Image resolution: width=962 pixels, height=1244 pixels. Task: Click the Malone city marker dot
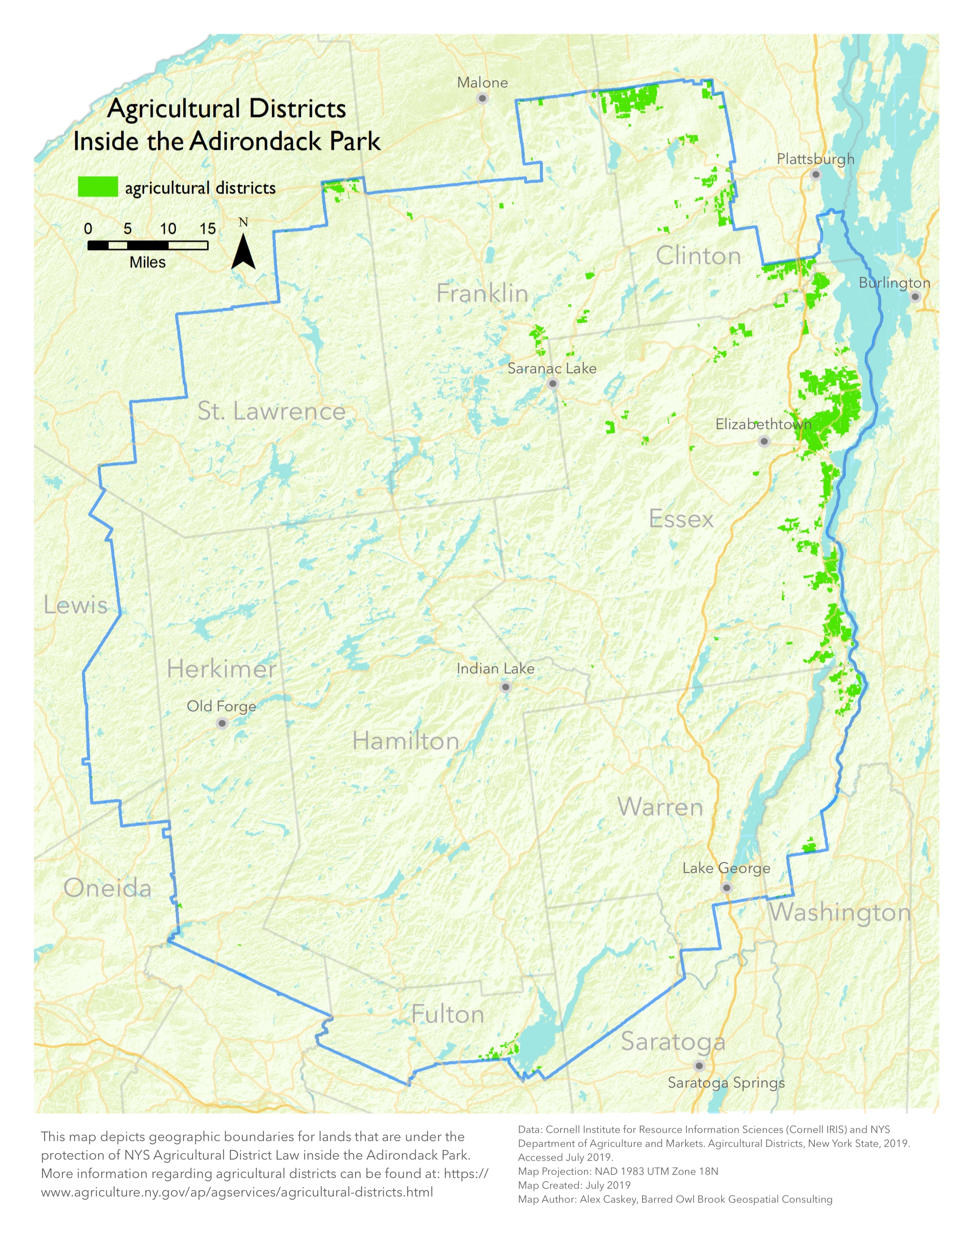click(x=482, y=98)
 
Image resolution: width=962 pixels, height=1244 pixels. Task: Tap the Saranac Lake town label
click(x=552, y=369)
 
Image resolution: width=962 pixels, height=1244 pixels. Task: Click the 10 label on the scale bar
click(x=168, y=229)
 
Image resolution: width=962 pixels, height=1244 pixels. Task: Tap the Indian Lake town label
click(x=495, y=669)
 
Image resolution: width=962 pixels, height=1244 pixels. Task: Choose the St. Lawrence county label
click(x=271, y=411)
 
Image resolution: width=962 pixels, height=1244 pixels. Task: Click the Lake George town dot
click(x=726, y=887)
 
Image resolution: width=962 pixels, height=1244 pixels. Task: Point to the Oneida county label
click(x=107, y=888)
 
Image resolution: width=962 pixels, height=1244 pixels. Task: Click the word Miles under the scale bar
click(x=147, y=263)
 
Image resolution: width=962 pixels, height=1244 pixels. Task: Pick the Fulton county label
click(x=447, y=1014)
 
